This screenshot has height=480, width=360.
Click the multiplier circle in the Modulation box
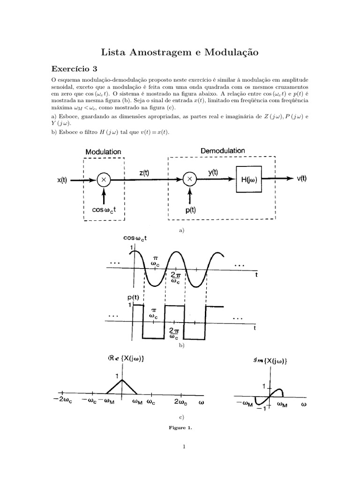(x=103, y=179)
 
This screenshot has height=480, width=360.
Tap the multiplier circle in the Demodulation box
(x=189, y=179)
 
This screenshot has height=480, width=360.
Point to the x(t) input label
(x=61, y=180)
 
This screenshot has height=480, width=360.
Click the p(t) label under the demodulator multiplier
(x=191, y=210)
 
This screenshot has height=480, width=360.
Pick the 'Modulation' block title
(x=104, y=152)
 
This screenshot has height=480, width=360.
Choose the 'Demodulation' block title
(x=223, y=150)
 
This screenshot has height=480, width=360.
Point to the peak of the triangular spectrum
(x=122, y=379)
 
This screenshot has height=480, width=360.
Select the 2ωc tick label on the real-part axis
(x=181, y=402)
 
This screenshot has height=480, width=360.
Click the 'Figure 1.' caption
(x=180, y=427)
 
